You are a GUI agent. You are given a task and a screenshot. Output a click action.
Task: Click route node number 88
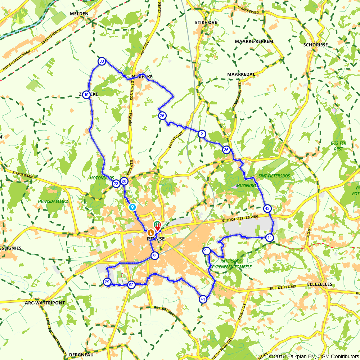(x=102, y=62)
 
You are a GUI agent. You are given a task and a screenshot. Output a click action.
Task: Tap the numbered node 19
(x=86, y=95)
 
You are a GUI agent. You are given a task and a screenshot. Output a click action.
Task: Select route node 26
(x=162, y=116)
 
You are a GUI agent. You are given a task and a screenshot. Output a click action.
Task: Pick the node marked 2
(x=202, y=134)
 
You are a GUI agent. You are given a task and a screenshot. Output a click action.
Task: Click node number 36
(x=226, y=150)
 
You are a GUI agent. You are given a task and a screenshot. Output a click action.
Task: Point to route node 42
(x=267, y=208)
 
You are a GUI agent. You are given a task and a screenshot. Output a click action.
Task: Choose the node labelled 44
(x=270, y=238)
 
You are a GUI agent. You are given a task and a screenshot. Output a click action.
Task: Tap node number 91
(x=207, y=251)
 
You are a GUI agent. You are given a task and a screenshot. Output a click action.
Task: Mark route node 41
(x=203, y=299)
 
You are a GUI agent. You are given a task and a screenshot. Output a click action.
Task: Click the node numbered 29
(x=107, y=282)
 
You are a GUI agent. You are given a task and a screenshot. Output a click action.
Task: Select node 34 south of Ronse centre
(x=155, y=256)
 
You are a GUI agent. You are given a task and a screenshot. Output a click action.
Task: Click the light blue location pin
(x=132, y=207)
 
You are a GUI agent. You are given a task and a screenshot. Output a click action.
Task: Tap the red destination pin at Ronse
(x=158, y=227)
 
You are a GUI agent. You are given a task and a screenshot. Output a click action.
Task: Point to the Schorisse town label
(x=315, y=45)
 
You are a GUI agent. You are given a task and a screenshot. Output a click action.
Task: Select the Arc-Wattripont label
(x=45, y=303)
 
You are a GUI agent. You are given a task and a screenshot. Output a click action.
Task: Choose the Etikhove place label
(x=206, y=22)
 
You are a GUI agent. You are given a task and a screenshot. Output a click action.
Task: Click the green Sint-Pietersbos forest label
(x=274, y=176)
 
